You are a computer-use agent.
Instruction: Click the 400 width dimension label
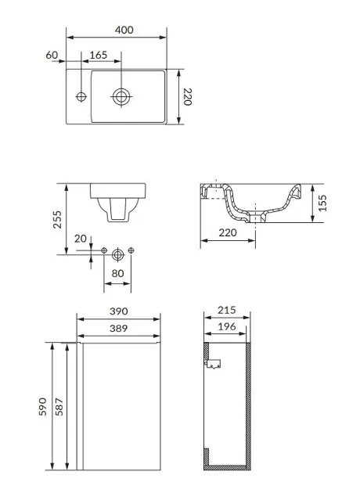click(x=124, y=30)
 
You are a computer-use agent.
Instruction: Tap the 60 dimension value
click(x=52, y=55)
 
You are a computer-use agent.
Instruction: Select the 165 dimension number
click(x=99, y=55)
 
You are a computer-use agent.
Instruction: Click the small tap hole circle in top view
click(x=81, y=96)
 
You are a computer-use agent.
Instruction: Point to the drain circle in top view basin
click(x=121, y=96)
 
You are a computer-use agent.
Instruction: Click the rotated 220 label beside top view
click(x=188, y=97)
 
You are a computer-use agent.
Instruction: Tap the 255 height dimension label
click(x=57, y=219)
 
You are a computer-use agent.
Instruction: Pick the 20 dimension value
click(x=80, y=239)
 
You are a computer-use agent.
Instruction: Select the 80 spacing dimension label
click(x=117, y=273)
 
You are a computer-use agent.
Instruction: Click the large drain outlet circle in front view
click(x=118, y=254)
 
